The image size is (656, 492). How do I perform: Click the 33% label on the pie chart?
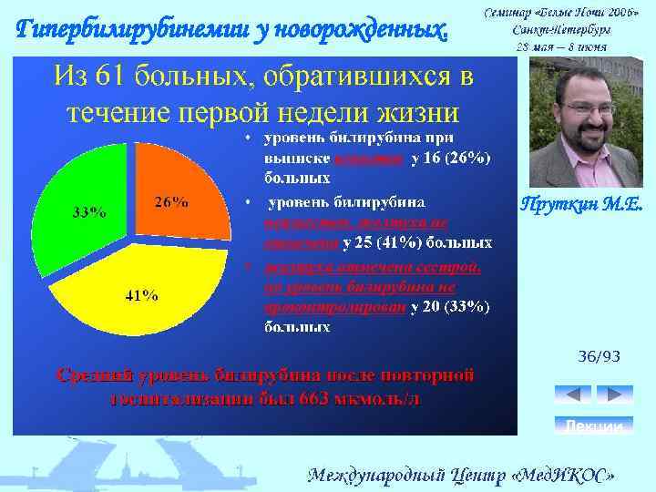tap(88, 212)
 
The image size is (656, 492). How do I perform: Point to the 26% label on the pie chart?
tap(171, 202)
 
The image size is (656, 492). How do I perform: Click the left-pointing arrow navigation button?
tap(572, 394)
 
